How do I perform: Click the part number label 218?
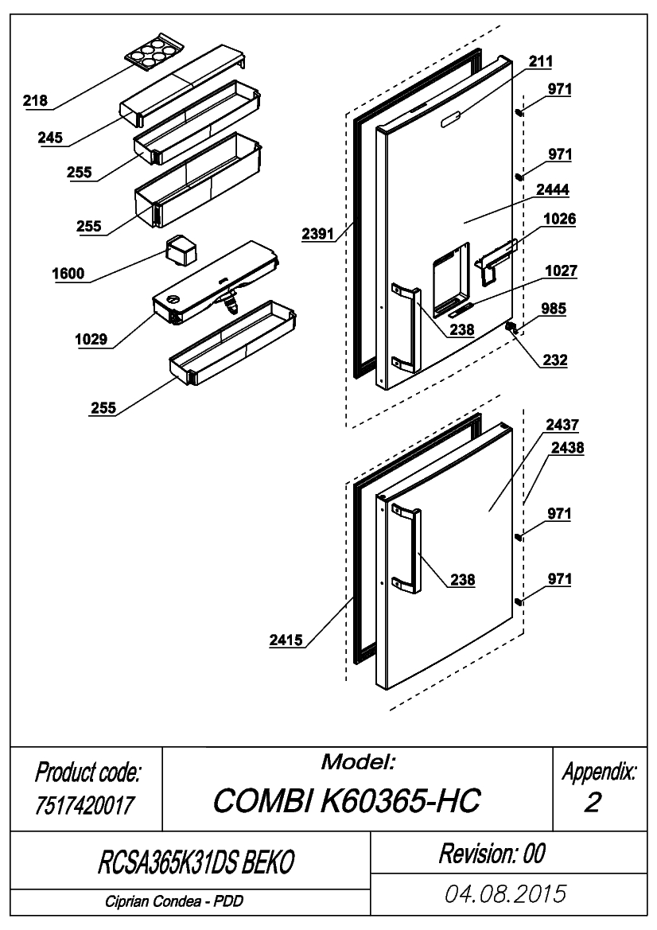click(x=35, y=100)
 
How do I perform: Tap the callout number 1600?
click(x=68, y=274)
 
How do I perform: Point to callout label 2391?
click(x=318, y=234)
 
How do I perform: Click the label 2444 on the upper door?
click(x=553, y=190)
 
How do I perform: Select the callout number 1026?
click(x=560, y=219)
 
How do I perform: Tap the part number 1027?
click(x=561, y=270)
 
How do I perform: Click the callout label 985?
click(x=554, y=309)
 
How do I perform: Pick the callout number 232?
click(x=555, y=360)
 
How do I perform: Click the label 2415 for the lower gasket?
click(x=286, y=640)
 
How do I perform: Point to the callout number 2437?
click(x=562, y=425)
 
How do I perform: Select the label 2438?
click(x=567, y=447)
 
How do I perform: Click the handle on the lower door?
click(x=406, y=551)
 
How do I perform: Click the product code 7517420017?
click(x=85, y=805)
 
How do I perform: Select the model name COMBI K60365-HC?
click(x=346, y=800)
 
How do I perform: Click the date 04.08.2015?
click(x=506, y=894)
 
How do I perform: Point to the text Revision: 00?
click(x=492, y=854)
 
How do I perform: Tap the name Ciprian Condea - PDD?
click(x=174, y=901)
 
